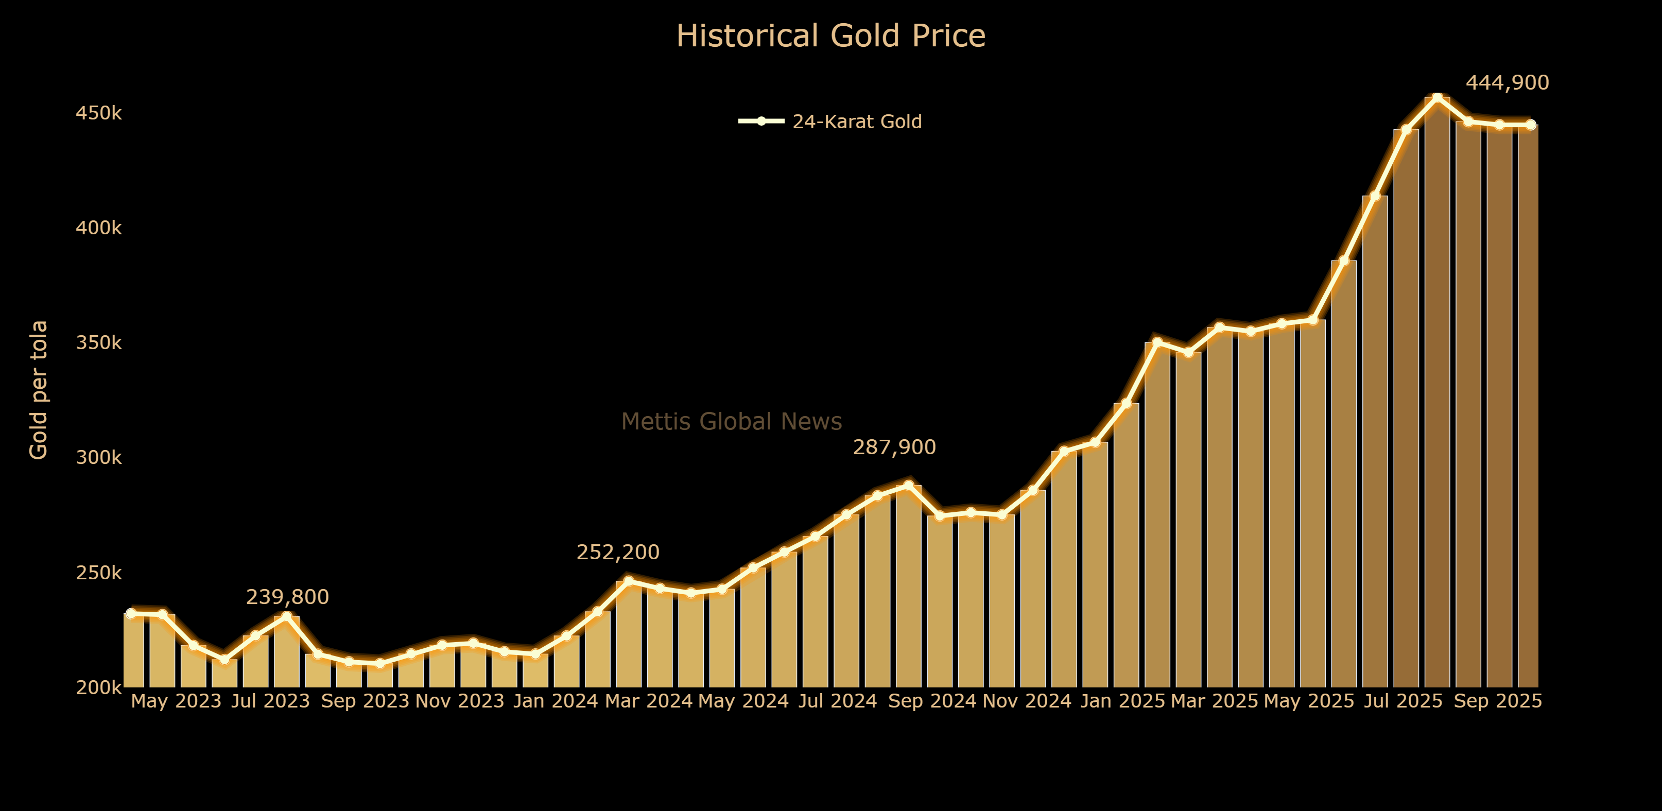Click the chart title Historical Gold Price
pyautogui.click(x=830, y=36)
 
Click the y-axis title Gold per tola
pyautogui.click(x=39, y=390)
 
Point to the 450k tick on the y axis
pyautogui.click(x=99, y=114)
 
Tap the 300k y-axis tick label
pyautogui.click(x=99, y=457)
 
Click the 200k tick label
pyautogui.click(x=99, y=688)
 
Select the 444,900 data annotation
pyautogui.click(x=1507, y=82)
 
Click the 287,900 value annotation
pyautogui.click(x=894, y=447)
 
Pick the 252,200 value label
pyautogui.click(x=617, y=553)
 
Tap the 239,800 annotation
pyautogui.click(x=287, y=597)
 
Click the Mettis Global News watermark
pyautogui.click(x=731, y=421)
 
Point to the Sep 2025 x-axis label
pyautogui.click(x=1497, y=701)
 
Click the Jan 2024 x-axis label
pyautogui.click(x=556, y=701)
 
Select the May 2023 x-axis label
pyautogui.click(x=176, y=701)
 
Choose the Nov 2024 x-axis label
pyautogui.click(x=1027, y=701)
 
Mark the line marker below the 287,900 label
pyautogui.click(x=908, y=485)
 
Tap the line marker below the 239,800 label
pyautogui.click(x=286, y=616)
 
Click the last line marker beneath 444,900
pyautogui.click(x=1530, y=125)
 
